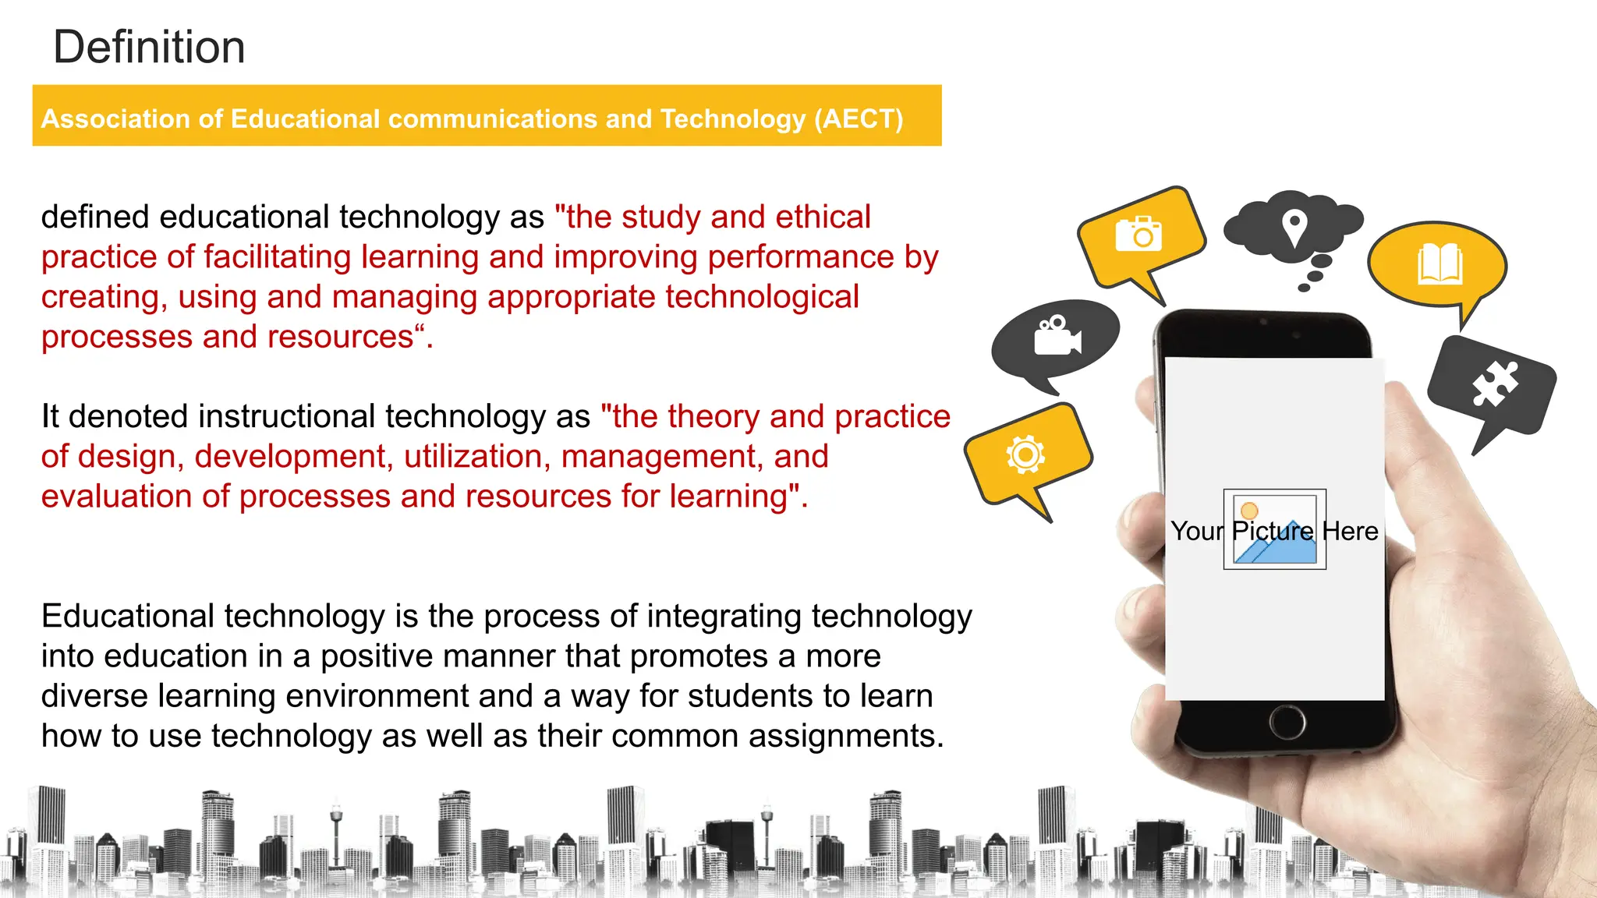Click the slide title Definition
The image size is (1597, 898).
click(149, 47)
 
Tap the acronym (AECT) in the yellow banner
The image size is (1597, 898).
click(859, 118)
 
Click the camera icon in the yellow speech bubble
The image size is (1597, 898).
click(1138, 234)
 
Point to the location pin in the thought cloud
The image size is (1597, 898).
click(1294, 227)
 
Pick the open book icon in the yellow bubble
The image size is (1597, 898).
click(1439, 264)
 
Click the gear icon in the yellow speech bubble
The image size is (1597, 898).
click(1025, 454)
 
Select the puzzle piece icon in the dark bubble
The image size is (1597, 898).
click(1495, 384)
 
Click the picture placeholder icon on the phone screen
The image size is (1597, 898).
click(1275, 530)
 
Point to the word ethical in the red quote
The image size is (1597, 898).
click(823, 217)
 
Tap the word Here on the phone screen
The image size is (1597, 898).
click(1350, 532)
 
